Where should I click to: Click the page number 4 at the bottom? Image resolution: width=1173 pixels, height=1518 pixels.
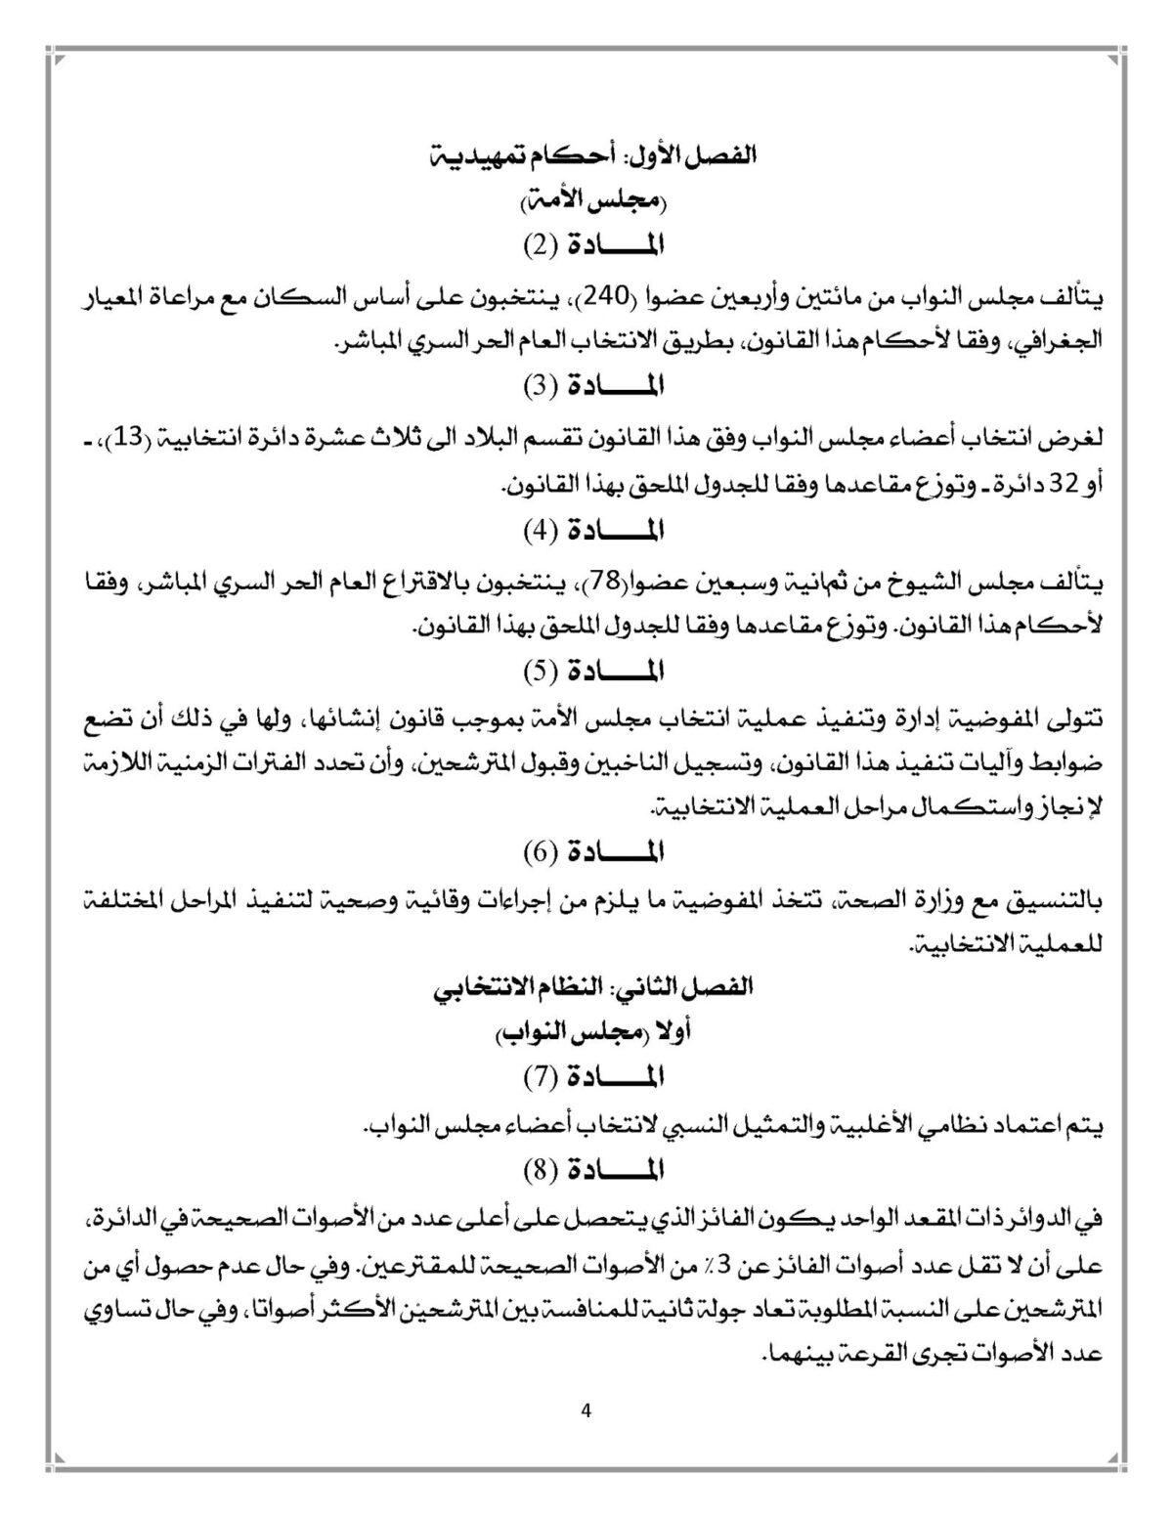(x=586, y=1410)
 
